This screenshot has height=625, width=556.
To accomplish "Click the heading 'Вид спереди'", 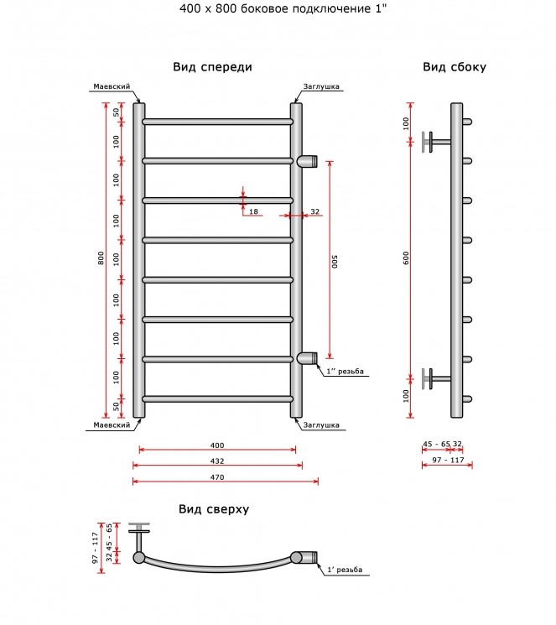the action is [212, 67].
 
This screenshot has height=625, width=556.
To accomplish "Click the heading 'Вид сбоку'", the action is [455, 67].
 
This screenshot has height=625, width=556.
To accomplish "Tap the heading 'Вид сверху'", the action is [214, 509].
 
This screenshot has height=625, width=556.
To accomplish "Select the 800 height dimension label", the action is [101, 258].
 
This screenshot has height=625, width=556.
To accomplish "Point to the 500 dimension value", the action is [335, 262].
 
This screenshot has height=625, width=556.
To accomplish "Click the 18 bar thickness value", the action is [253, 211].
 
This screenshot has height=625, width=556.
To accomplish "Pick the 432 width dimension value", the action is [217, 461].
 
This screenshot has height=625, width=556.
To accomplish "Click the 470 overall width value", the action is [217, 477].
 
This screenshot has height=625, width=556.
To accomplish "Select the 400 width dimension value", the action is [217, 445].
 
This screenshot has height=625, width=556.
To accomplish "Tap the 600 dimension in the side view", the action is [406, 258].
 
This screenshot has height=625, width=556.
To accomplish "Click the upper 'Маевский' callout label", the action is [112, 86].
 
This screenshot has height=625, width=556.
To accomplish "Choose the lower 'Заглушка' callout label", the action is [321, 425].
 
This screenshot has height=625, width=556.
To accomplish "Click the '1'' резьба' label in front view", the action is [346, 372].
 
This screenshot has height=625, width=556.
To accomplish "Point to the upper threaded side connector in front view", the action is [307, 160].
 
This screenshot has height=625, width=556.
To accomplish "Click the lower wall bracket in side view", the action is [436, 378].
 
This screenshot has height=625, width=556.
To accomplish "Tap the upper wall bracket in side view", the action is [436, 142].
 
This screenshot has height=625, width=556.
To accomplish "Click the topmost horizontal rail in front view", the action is [217, 122].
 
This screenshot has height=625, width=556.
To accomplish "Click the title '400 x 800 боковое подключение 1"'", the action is [283, 8].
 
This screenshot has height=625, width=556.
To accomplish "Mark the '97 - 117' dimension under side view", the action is [449, 460].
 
